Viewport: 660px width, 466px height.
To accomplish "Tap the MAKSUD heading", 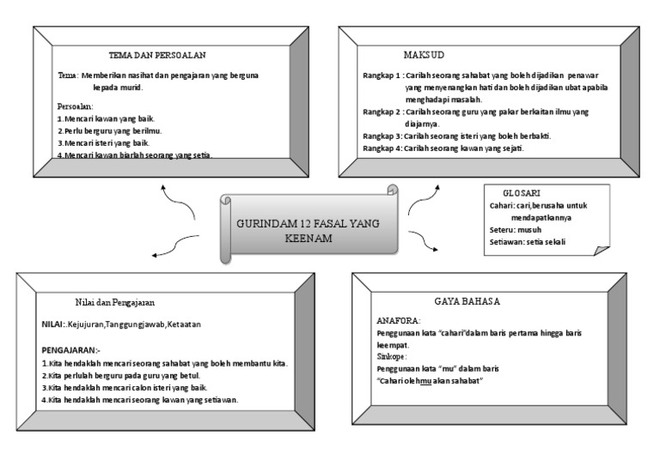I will tap(423, 54).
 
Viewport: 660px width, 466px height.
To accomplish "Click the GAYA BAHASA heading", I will tap(467, 301).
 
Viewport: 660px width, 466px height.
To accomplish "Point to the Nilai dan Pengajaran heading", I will tap(114, 302).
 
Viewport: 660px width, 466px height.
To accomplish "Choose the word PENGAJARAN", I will tap(70, 351).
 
